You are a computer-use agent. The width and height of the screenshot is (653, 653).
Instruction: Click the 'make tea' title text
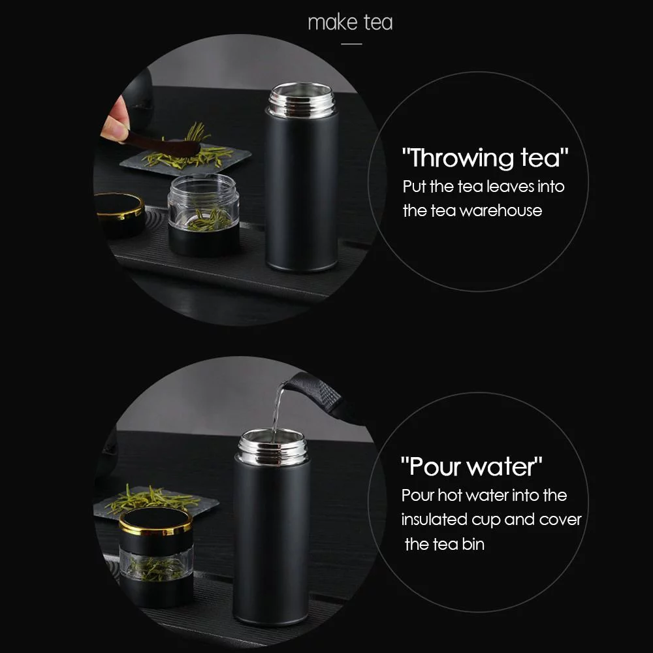[x=350, y=23]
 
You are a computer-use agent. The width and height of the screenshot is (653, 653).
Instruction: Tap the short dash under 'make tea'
[x=351, y=44]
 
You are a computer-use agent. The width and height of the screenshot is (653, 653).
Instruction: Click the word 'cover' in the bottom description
[x=560, y=520]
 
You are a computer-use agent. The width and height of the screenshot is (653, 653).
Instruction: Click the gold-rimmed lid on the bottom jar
[x=155, y=522]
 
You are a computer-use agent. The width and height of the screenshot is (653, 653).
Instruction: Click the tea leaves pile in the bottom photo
[x=150, y=498]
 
